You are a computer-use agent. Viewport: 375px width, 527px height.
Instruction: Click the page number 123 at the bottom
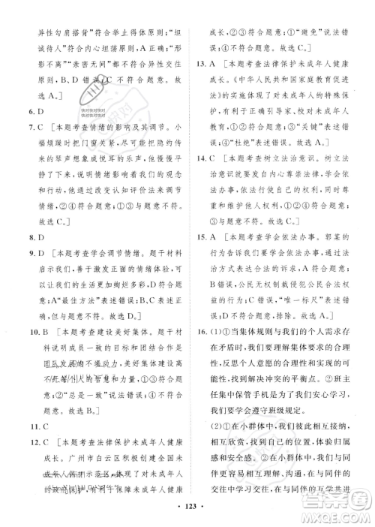click(187, 516)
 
